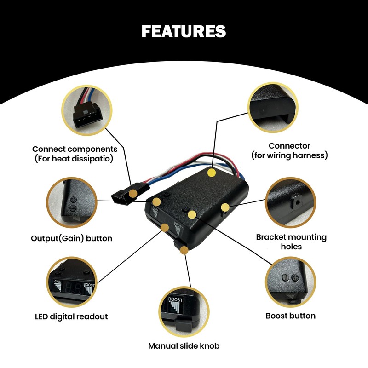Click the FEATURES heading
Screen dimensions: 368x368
coord(184,31)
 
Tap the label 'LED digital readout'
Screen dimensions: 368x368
coord(71,316)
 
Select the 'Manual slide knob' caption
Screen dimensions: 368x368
coord(184,346)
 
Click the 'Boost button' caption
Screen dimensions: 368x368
coord(291,316)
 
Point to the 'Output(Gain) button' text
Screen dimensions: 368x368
coord(71,238)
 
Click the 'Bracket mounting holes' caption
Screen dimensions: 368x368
coord(291,242)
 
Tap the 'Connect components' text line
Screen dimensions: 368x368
coord(75,149)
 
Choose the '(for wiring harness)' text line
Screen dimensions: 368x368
coord(289,155)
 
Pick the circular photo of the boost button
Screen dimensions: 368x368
coord(291,282)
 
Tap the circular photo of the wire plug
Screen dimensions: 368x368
coord(87,110)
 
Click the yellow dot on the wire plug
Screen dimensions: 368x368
coord(132,194)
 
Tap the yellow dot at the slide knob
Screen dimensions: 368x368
coord(184,250)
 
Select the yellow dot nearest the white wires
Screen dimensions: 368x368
coord(212,173)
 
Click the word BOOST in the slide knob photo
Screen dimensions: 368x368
coord(175,300)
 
